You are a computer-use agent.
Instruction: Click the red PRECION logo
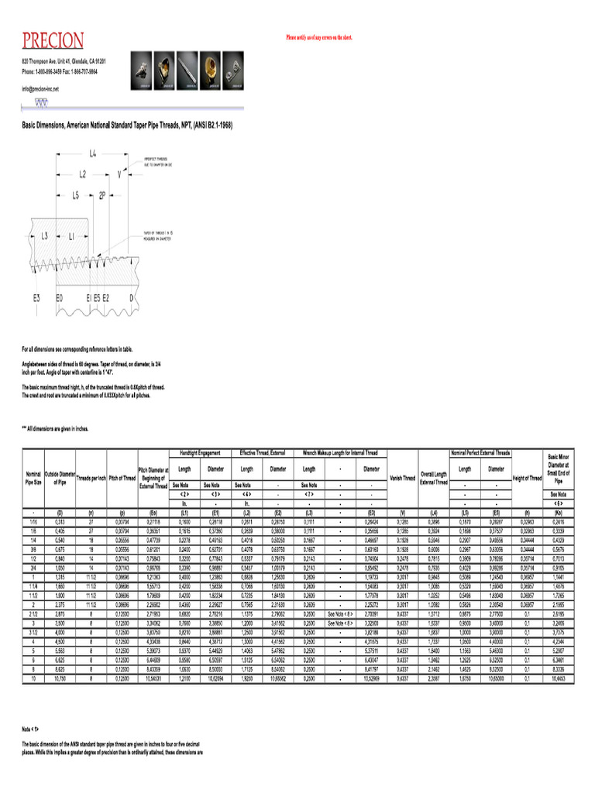click(x=53, y=40)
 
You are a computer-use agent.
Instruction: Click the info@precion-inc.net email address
click(x=40, y=89)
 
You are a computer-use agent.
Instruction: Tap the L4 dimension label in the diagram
click(x=92, y=154)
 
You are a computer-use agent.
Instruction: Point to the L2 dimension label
click(x=82, y=174)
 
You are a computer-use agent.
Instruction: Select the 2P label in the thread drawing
click(x=102, y=196)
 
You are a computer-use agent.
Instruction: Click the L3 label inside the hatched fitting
click(x=45, y=235)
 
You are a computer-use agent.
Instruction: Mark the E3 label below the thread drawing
click(x=36, y=297)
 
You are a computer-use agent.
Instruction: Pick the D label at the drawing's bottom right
click(x=131, y=297)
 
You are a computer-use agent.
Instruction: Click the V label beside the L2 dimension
click(x=119, y=175)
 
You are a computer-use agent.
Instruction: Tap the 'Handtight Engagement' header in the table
click(x=200, y=452)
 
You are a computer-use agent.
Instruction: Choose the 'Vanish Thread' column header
click(x=402, y=478)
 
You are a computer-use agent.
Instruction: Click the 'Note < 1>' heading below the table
click(x=30, y=729)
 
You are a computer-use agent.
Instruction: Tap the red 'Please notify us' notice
click(x=319, y=36)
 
